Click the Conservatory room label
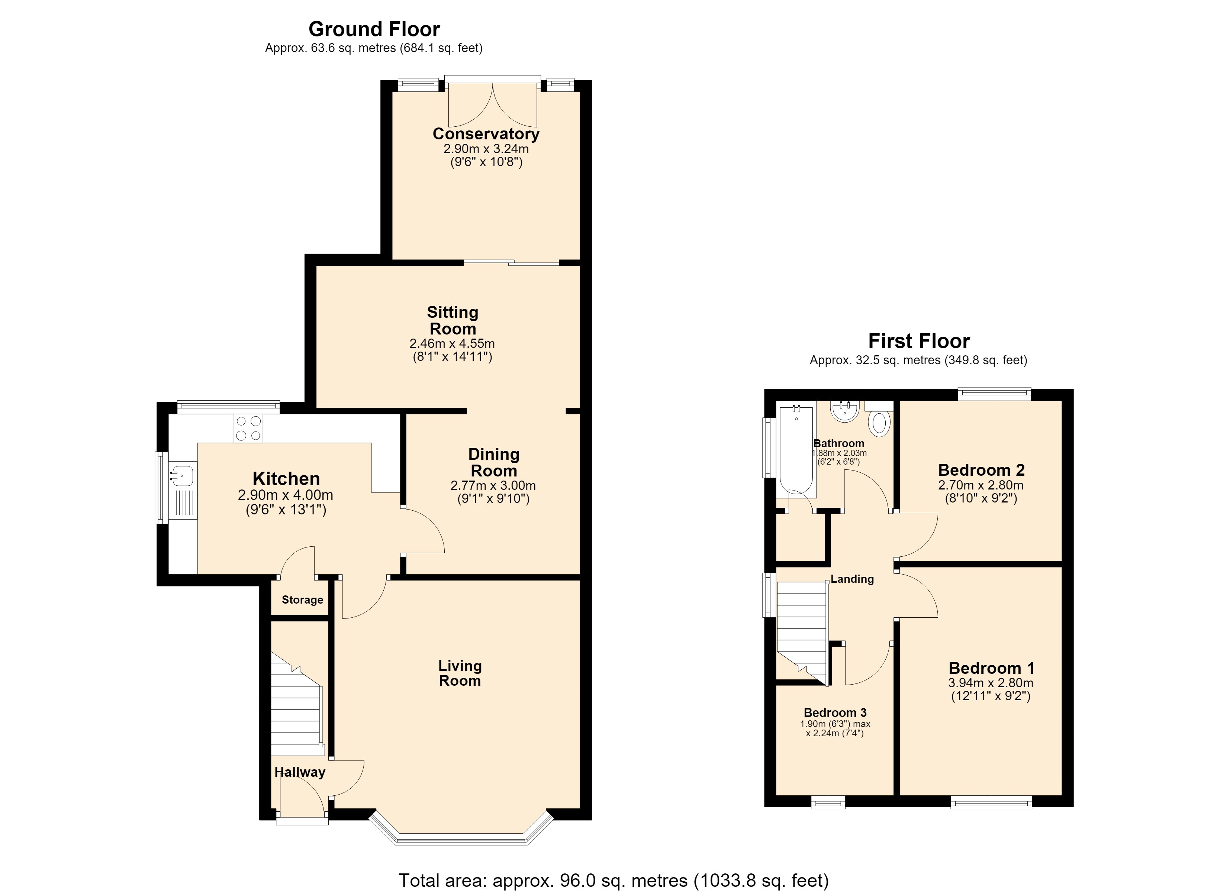point(486,133)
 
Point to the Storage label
point(302,599)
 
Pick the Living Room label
point(460,673)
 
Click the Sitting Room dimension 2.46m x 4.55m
point(452,343)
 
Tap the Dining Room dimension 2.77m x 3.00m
point(493,486)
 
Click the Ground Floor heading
point(374,29)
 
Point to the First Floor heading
point(919,341)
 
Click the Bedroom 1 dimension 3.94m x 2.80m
point(991,683)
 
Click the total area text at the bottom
point(613,880)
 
